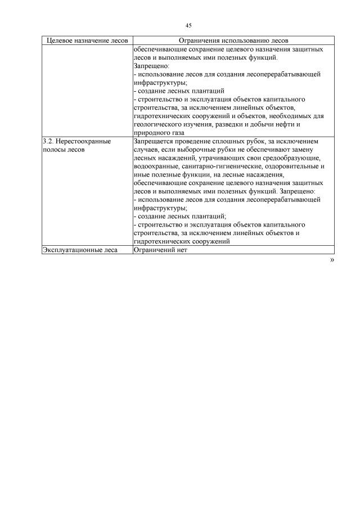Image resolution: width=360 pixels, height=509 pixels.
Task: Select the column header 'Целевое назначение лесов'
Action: tap(87, 41)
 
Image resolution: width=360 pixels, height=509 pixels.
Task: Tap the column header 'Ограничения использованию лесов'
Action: tap(233, 41)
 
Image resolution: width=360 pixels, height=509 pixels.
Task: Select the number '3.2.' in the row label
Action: tap(49, 141)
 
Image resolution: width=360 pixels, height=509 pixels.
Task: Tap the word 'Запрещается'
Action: tap(155, 141)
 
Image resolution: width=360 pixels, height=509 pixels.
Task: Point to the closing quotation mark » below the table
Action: tap(332, 260)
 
